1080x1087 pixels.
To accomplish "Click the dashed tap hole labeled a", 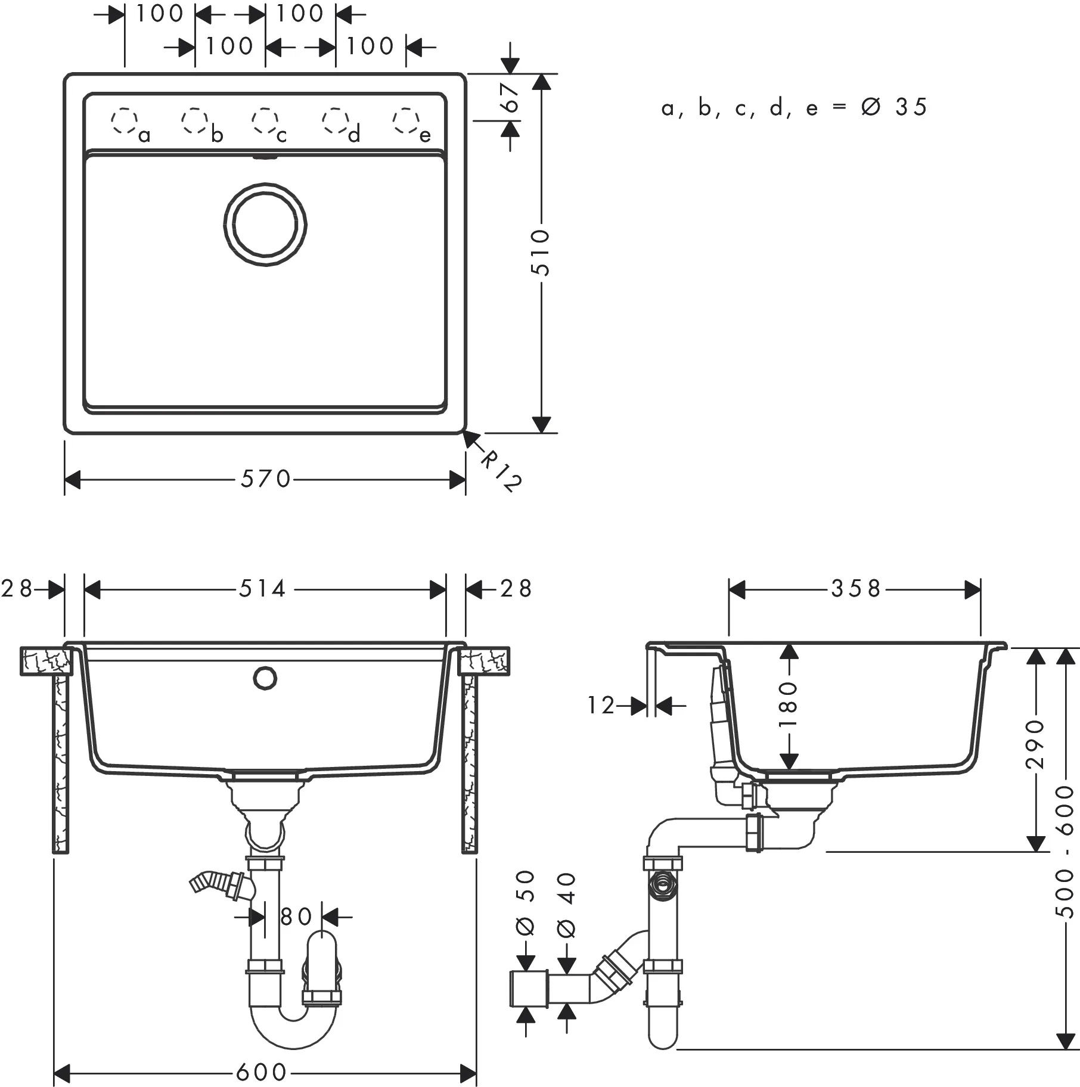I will coord(124,121).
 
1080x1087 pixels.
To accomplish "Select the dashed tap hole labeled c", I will coord(265,121).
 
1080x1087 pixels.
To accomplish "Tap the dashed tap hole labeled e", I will coord(405,121).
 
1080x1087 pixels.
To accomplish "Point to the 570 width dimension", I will coord(265,479).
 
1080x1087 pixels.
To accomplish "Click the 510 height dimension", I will coord(541,253).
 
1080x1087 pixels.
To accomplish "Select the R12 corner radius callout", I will coord(499,471).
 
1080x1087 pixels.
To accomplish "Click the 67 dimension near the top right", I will coord(511,98).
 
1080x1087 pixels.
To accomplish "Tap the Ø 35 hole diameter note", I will coord(894,107).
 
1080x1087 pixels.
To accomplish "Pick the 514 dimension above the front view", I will coord(263,589).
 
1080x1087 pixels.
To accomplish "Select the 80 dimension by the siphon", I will coord(296,917).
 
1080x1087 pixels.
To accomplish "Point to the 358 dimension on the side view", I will coord(856,589).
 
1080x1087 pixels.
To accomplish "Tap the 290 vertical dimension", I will coord(1036,744).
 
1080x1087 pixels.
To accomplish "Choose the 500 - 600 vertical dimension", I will coord(1065,852).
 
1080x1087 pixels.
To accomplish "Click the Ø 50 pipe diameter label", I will coord(525,903).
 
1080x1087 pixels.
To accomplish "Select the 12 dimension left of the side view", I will coord(601,706).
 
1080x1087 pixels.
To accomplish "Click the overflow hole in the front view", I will coord(265,678).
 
